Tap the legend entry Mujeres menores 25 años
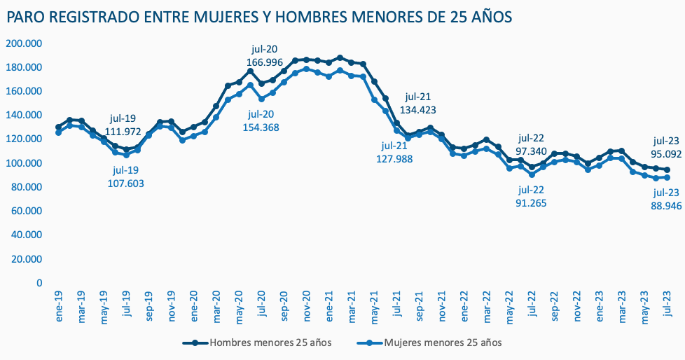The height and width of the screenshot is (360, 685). [x=443, y=342]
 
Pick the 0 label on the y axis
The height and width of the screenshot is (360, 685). [x=39, y=283]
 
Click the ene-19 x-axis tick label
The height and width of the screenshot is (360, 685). [x=60, y=304]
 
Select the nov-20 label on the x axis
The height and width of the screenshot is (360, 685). [x=306, y=305]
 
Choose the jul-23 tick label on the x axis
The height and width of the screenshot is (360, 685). [x=666, y=304]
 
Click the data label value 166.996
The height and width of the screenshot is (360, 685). [x=264, y=62]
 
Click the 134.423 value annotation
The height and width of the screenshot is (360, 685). [x=418, y=109]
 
